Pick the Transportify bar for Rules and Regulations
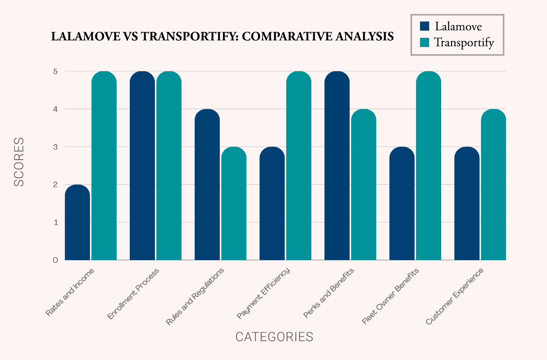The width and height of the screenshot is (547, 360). pyautogui.click(x=234, y=203)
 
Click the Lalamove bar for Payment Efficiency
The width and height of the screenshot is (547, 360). pyautogui.click(x=272, y=203)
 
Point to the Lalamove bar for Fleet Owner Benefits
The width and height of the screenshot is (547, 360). pyautogui.click(x=402, y=203)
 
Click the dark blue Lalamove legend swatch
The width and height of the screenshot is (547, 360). pyautogui.click(x=425, y=26)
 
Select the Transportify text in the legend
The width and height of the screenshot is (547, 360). pyautogui.click(x=464, y=42)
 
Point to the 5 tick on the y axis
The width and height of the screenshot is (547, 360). pyautogui.click(x=55, y=71)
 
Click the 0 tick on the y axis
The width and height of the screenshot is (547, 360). pyautogui.click(x=55, y=260)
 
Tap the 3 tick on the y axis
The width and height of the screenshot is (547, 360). pyautogui.click(x=55, y=147)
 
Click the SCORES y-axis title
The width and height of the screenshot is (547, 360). pyautogui.click(x=19, y=162)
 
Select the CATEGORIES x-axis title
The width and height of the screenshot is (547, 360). pyautogui.click(x=274, y=337)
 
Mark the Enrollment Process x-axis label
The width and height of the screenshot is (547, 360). pyautogui.click(x=133, y=293)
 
